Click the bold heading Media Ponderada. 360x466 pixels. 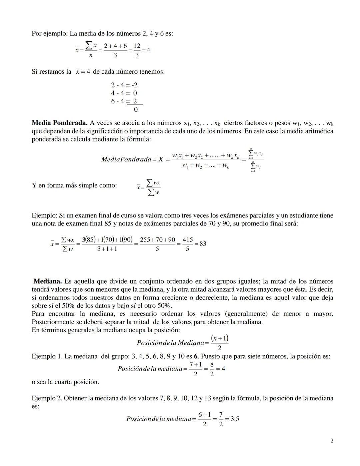(59, 123)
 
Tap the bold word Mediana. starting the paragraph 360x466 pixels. (48, 281)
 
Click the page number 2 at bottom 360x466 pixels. (332, 441)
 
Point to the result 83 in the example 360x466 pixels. (203, 244)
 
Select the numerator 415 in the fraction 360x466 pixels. (188, 240)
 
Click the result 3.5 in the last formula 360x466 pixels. (235, 419)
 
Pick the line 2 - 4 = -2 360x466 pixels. (124, 85)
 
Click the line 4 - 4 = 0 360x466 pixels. (124, 93)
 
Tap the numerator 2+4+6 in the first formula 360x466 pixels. (115, 46)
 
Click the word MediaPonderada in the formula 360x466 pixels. (126, 159)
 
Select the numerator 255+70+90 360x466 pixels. (157, 240)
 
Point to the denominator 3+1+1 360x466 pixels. (107, 249)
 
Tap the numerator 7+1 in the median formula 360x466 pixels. (195, 365)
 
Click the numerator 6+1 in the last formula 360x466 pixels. (204, 415)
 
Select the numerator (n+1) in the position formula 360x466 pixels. (219, 338)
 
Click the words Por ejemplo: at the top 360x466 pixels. (50, 33)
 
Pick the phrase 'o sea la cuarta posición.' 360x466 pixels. (65, 382)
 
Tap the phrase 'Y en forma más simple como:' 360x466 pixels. (74, 185)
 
